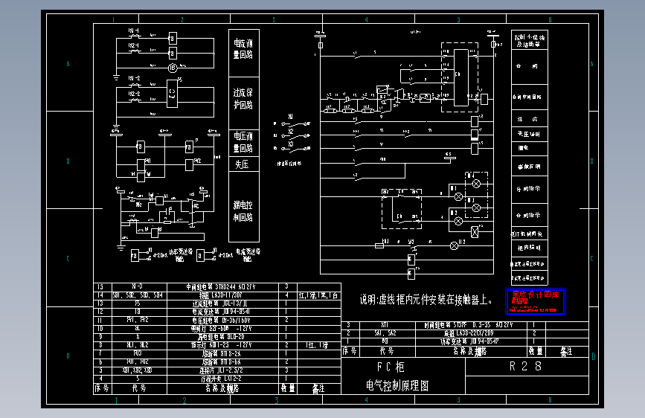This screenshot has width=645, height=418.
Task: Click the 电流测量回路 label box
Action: pos(244,49)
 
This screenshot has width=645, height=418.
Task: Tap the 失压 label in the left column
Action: pos(243,164)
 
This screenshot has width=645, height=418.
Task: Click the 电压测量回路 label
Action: pos(244,142)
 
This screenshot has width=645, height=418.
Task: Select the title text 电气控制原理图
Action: pos(397,387)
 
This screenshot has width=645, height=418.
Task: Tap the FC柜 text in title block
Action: pos(391,367)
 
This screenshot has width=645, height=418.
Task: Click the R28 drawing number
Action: pos(525,367)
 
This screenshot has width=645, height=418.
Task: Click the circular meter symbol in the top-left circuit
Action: pos(173,68)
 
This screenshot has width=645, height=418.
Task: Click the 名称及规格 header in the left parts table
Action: pos(222,388)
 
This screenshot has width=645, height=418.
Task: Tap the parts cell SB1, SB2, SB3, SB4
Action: pos(138,295)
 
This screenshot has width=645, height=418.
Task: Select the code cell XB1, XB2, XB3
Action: pos(138,370)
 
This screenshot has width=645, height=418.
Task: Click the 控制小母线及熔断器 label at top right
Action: pos(529,40)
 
